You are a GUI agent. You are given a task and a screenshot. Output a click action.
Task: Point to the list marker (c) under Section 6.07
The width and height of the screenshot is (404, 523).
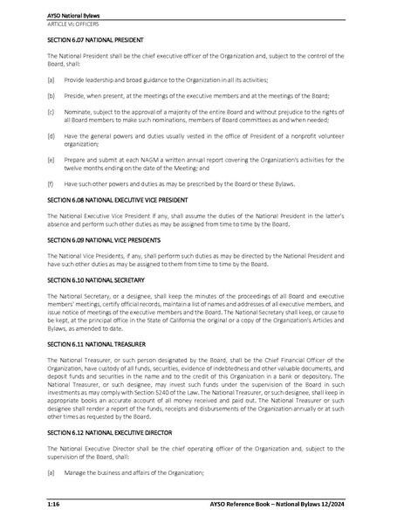[51, 111]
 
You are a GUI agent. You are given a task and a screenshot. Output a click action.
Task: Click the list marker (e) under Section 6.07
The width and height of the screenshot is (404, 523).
[51, 160]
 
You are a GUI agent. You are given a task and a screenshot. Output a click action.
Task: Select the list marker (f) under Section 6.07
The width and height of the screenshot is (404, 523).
[51, 183]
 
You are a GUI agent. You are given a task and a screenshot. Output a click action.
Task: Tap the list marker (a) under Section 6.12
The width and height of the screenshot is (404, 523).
[51, 472]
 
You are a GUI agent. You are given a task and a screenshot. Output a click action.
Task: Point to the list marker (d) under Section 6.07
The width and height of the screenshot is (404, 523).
[51, 135]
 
